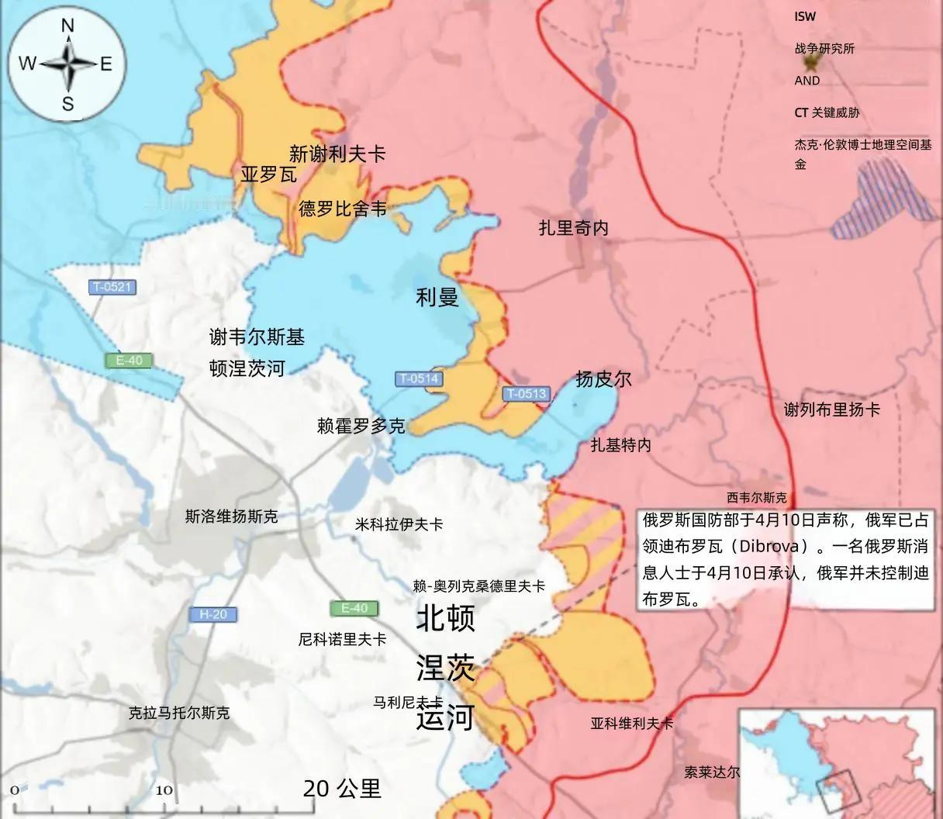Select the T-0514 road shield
click(419, 379)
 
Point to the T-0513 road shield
click(527, 393)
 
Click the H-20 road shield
click(212, 614)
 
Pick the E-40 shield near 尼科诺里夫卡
click(354, 608)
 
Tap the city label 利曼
click(437, 296)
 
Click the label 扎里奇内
click(574, 227)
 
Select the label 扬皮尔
click(603, 378)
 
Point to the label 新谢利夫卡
click(337, 154)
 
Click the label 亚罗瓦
click(268, 175)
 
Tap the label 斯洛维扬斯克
click(231, 516)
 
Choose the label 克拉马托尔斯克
click(179, 713)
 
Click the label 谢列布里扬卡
click(832, 409)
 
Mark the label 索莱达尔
click(712, 772)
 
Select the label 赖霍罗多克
click(361, 426)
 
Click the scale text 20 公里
click(342, 789)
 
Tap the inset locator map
click(838, 762)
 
